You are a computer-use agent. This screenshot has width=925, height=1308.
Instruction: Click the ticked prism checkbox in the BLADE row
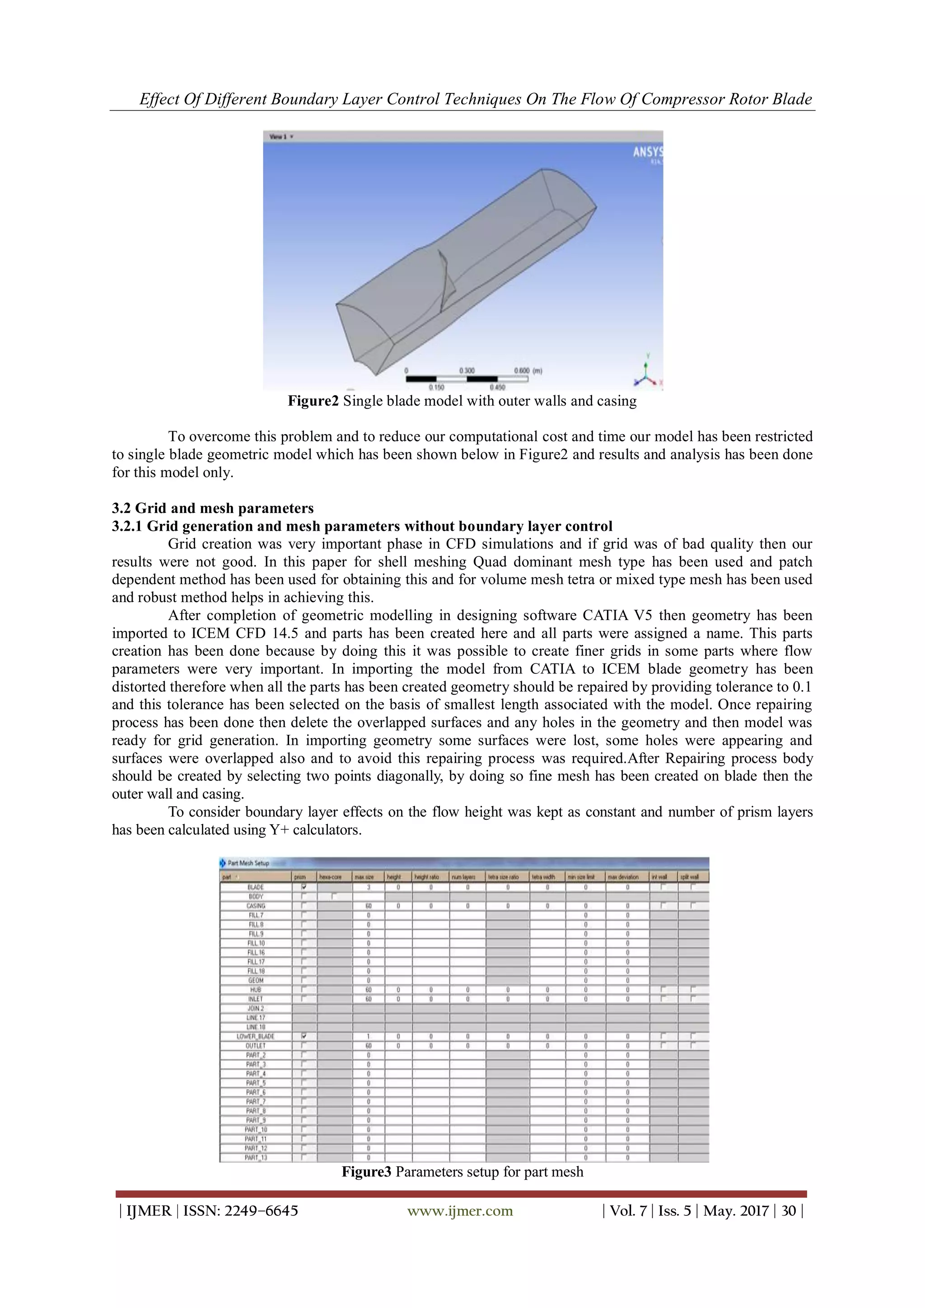[x=304, y=887]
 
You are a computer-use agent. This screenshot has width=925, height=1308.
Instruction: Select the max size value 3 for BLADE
[x=369, y=887]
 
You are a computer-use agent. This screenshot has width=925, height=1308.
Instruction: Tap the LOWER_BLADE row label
[x=255, y=1036]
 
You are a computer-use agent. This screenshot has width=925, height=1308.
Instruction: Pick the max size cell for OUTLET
[x=369, y=1046]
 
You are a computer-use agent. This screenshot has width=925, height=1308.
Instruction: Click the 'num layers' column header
[x=467, y=877]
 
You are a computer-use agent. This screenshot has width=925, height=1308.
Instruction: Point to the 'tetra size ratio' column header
[x=507, y=877]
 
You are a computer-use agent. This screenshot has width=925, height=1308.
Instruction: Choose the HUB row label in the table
[x=255, y=990]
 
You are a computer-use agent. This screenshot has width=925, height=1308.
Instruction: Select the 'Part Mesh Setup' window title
[x=248, y=863]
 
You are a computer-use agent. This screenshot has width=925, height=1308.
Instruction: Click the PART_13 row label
[x=255, y=1158]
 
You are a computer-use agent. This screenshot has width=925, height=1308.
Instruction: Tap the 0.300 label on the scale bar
[x=467, y=371]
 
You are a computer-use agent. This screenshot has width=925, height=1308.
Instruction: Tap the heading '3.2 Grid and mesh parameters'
[x=212, y=508]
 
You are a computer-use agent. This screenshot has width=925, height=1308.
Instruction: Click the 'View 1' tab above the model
[x=280, y=137]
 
